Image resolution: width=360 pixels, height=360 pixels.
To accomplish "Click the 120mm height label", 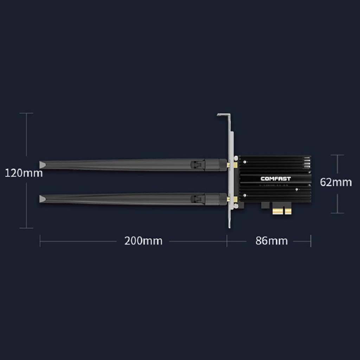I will point(24,173).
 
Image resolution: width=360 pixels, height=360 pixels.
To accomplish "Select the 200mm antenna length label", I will point(143,241).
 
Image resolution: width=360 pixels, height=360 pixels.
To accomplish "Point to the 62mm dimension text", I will point(336,182).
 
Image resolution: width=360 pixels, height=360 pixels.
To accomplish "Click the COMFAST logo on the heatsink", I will point(276,179).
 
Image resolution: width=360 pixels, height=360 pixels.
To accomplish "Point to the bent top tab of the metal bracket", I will point(224,115).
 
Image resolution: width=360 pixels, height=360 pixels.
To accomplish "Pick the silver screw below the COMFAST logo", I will point(298,189).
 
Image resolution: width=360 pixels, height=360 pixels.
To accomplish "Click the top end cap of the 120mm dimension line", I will point(26,113).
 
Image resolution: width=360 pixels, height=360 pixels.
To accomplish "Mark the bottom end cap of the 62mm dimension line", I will point(337,213).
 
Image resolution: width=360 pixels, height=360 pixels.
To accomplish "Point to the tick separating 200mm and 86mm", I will point(227,241).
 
